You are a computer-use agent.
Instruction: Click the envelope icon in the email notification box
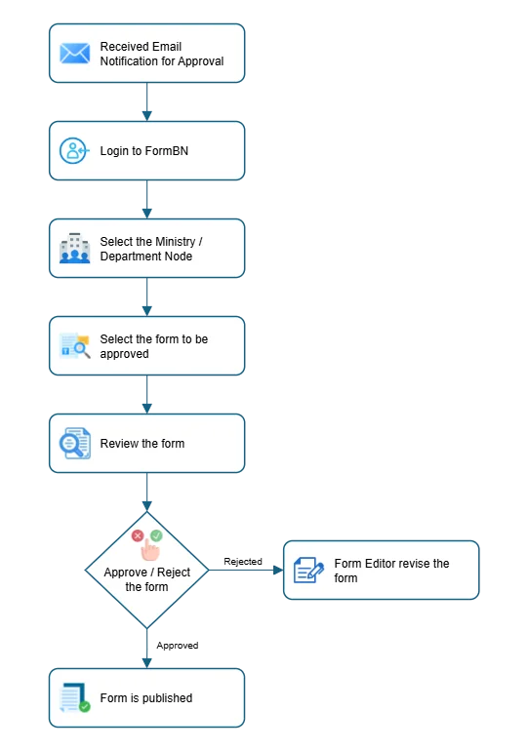pos(74,54)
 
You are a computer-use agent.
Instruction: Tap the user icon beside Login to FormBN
pos(74,151)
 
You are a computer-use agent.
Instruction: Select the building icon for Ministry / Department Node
pos(74,249)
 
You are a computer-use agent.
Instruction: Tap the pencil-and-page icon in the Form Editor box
pos(308,571)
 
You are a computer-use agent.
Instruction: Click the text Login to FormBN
pos(143,151)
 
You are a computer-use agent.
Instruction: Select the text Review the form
pos(142,444)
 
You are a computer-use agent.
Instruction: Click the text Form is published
pos(145,698)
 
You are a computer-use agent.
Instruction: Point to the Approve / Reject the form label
pos(147,579)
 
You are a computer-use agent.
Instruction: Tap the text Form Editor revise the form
pos(391,571)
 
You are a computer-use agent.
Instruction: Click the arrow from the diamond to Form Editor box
pos(244,570)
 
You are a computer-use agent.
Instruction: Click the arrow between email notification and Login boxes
pos(147,101)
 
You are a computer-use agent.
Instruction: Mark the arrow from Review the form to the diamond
pos(147,493)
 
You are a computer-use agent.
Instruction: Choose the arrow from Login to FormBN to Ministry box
pos(147,199)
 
